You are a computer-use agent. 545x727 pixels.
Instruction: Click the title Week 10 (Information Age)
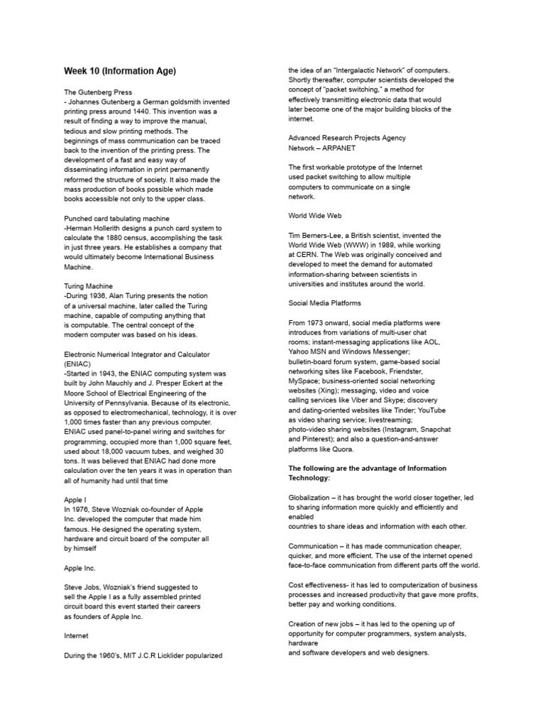click(120, 72)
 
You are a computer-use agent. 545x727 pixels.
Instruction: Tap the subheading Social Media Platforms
click(324, 302)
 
